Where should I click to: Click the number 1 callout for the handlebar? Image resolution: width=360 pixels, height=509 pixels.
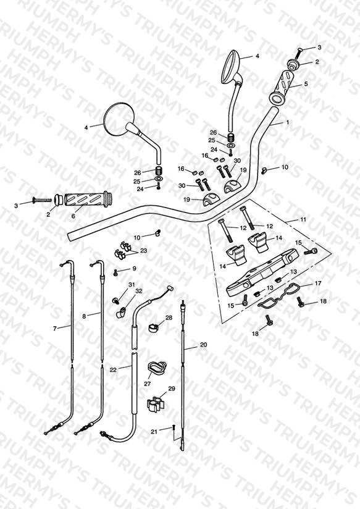287,122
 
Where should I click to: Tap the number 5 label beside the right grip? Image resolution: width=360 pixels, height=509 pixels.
306,84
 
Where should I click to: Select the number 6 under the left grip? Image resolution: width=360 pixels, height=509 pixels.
73,216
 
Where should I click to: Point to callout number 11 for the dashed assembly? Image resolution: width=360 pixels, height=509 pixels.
303,219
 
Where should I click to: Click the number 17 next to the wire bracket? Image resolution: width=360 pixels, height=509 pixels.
318,283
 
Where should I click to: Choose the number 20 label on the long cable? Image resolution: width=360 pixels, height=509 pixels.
203,345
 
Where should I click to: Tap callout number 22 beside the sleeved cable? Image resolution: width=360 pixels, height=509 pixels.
113,369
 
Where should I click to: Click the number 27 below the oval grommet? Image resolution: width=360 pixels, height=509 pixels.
148,384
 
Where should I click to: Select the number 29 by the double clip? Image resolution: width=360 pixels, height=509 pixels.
172,389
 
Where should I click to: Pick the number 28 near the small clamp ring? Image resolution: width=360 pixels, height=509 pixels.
169,318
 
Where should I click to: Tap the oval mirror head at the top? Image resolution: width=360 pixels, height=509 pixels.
232,66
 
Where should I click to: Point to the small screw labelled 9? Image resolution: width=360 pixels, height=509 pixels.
115,272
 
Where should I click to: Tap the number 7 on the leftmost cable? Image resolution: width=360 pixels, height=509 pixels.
54,329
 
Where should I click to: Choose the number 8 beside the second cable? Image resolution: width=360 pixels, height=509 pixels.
84,316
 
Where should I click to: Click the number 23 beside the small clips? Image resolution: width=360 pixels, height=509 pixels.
143,251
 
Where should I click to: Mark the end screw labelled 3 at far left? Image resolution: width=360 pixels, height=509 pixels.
42,200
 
